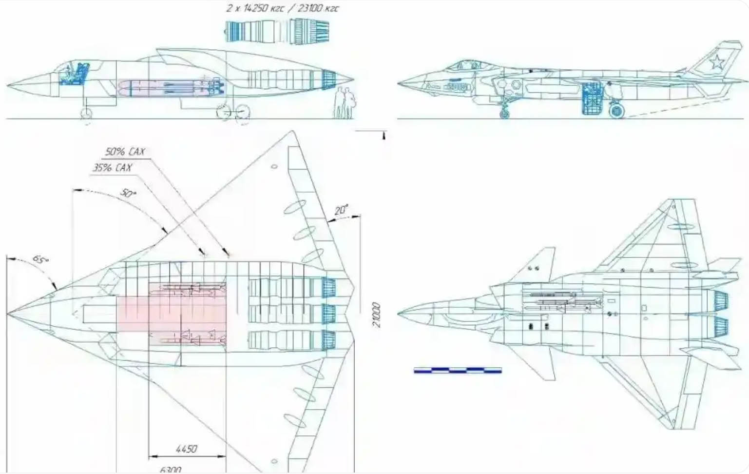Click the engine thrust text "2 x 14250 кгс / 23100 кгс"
pos(283,8)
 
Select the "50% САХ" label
pos(125,152)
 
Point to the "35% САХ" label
pos(113,168)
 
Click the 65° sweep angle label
pos(40,260)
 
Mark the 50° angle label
pos(128,193)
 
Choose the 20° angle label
pos(341,210)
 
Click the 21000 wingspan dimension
pos(376,315)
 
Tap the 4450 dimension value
pos(186,449)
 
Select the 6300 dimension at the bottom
pos(171,470)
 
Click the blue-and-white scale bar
pos(457,371)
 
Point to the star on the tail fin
pos(716,62)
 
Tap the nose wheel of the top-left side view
pos(86,114)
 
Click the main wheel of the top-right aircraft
pos(616,111)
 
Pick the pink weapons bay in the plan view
pos(171,315)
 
